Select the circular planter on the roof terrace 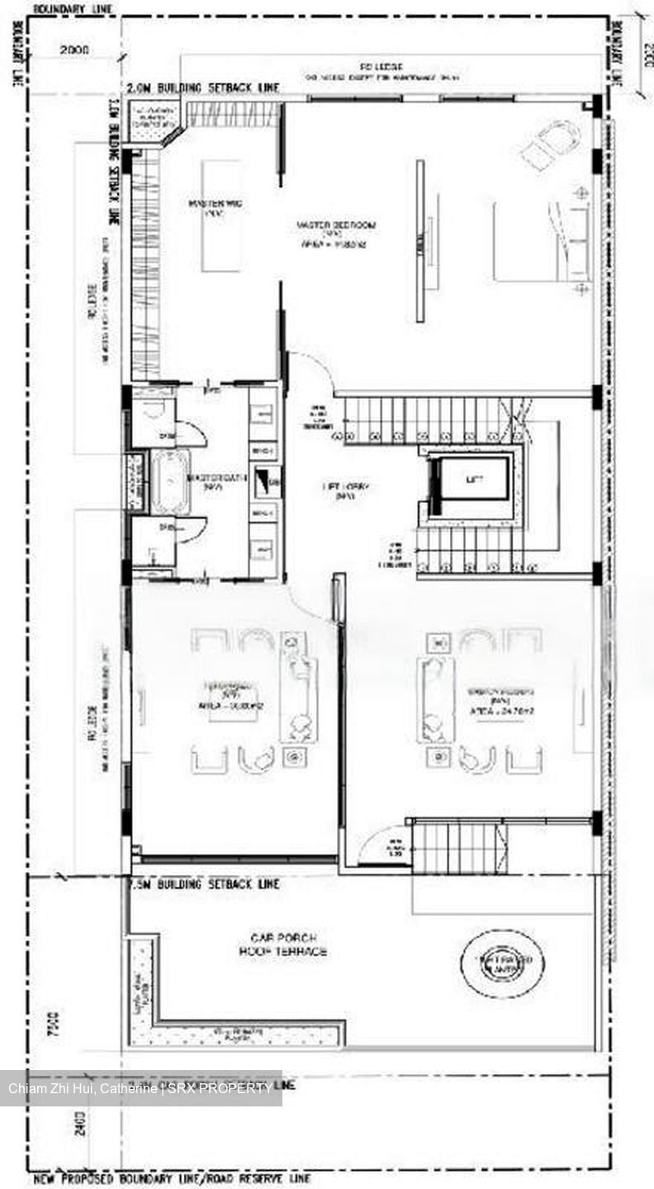(x=503, y=960)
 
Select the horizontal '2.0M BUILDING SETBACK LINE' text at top (x=202, y=88)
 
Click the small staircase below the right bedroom (x=458, y=846)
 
